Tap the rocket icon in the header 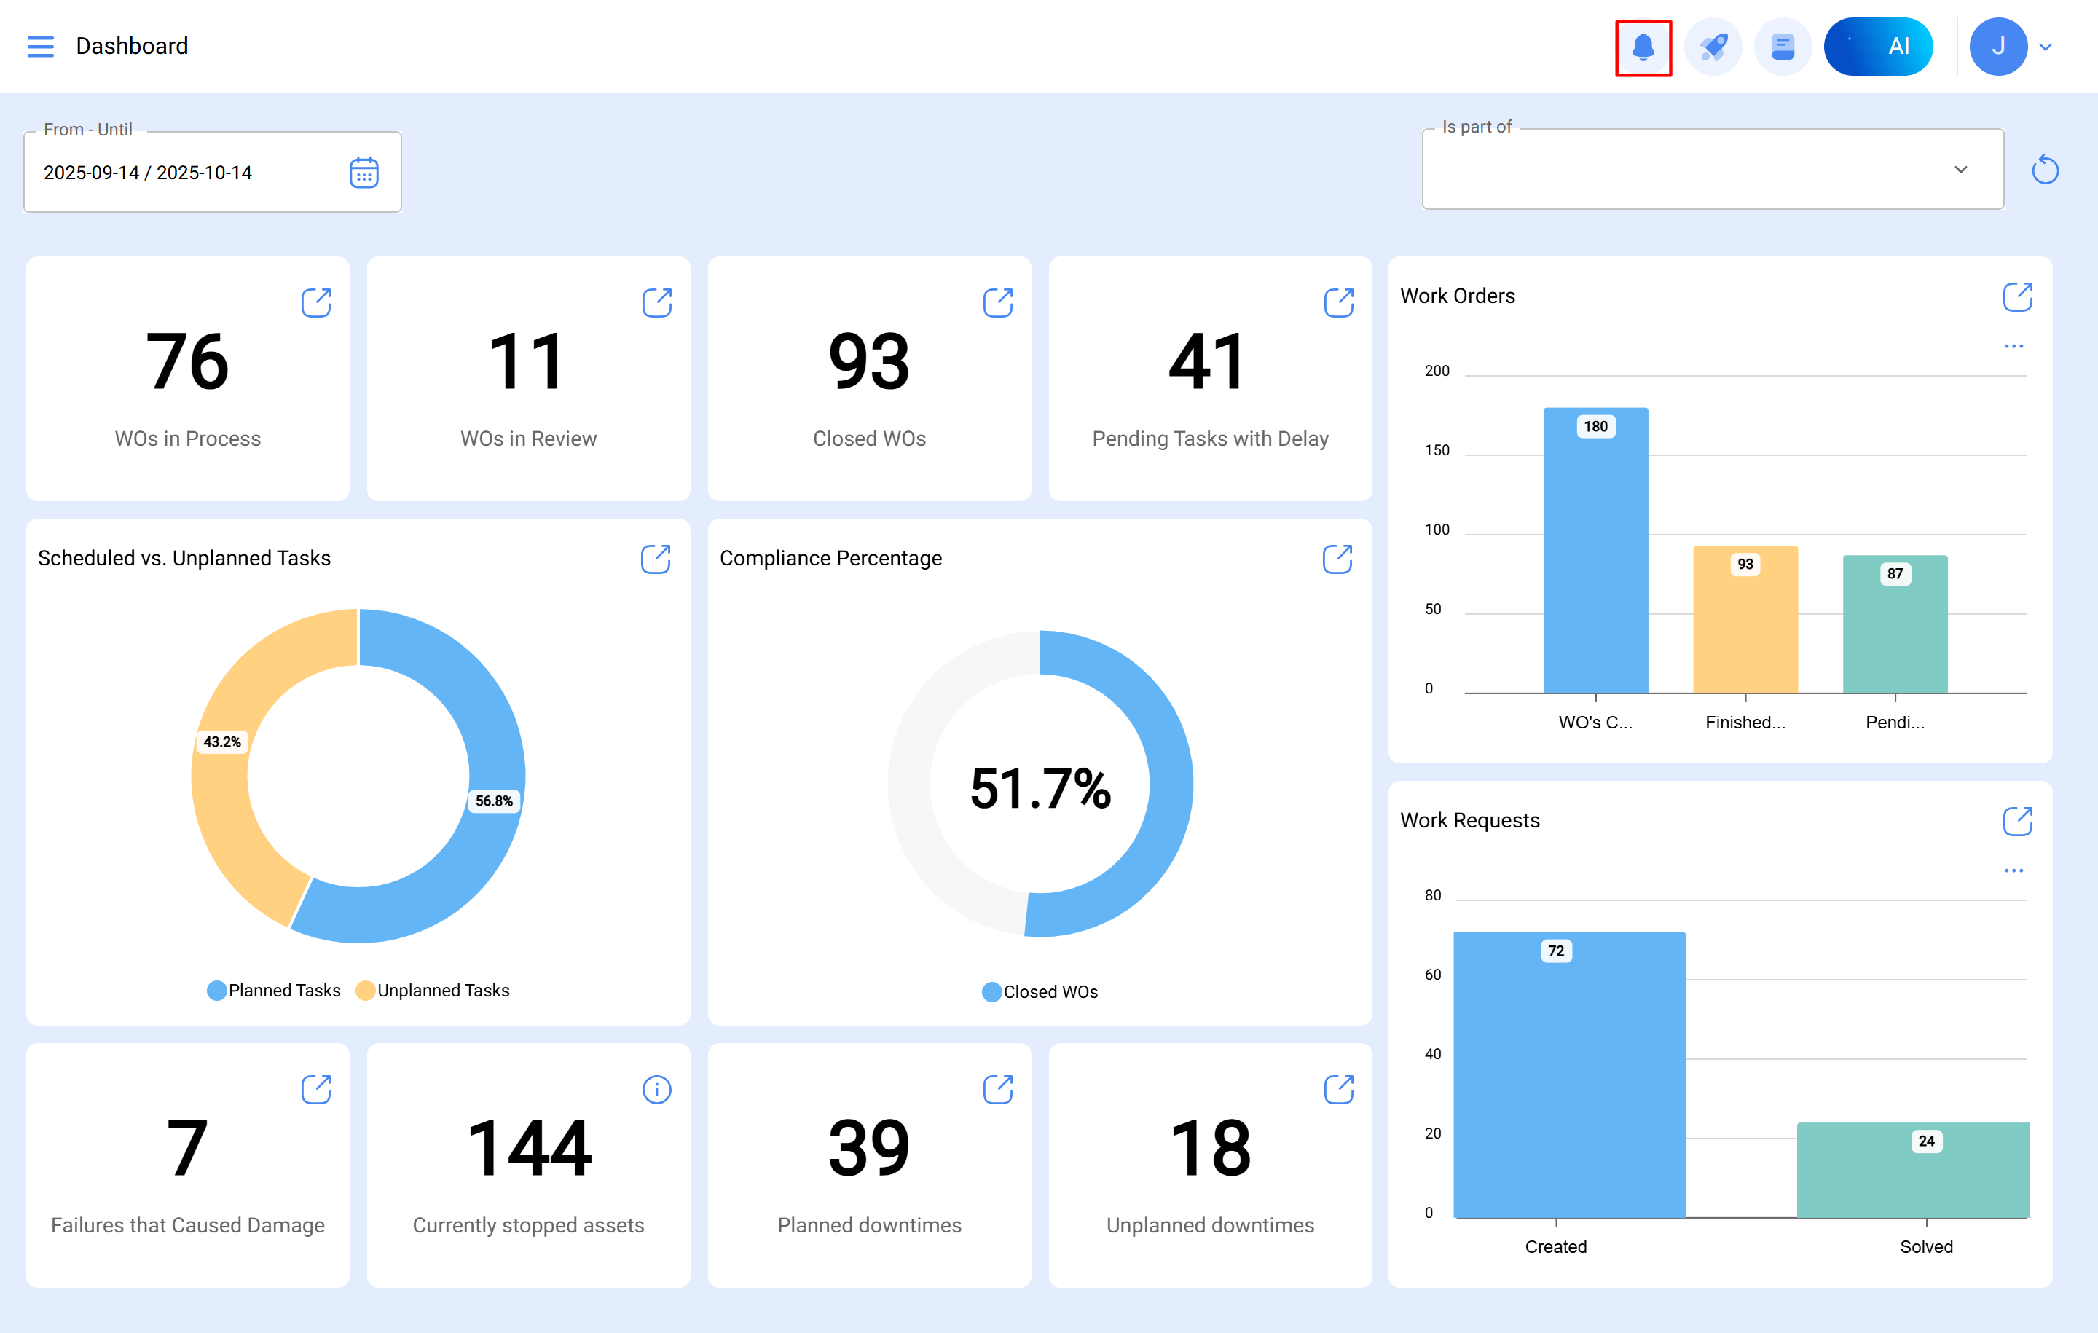pos(1712,47)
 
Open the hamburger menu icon pos(40,46)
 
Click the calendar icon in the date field pos(364,173)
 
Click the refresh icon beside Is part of pos(2044,170)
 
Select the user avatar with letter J pos(1997,47)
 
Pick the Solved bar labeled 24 pos(1912,1172)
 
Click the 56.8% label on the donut pos(493,801)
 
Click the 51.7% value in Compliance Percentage pos(1040,788)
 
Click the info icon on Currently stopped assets pos(656,1089)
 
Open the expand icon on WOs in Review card pos(656,303)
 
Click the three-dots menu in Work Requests pos(2013,870)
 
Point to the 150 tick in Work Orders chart pos(1437,450)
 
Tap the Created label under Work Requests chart pos(1555,1247)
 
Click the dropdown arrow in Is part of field pos(1960,170)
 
